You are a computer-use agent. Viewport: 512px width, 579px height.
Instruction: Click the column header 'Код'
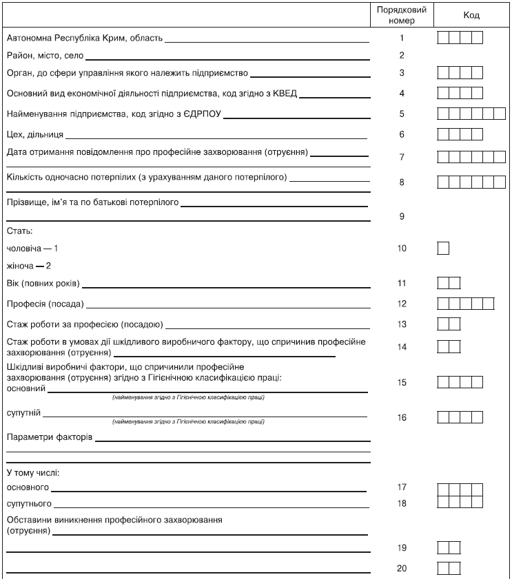(471, 16)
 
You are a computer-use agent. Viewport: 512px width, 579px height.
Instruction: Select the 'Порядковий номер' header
(402, 15)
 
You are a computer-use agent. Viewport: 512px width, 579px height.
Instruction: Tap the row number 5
(401, 114)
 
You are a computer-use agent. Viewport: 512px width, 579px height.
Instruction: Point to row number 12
(402, 304)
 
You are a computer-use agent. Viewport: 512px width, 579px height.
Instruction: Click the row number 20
(402, 569)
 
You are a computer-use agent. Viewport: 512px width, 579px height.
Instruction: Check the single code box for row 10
(443, 248)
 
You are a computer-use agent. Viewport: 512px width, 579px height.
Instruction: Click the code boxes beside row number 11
(449, 283)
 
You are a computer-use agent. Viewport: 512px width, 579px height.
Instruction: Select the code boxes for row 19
(449, 548)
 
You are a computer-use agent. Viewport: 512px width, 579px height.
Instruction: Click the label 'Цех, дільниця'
(34, 134)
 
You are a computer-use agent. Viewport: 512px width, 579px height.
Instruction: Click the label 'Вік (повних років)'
(43, 284)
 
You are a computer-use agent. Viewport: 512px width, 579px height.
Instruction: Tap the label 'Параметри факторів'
(49, 437)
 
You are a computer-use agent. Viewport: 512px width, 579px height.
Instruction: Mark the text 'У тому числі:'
(33, 473)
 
